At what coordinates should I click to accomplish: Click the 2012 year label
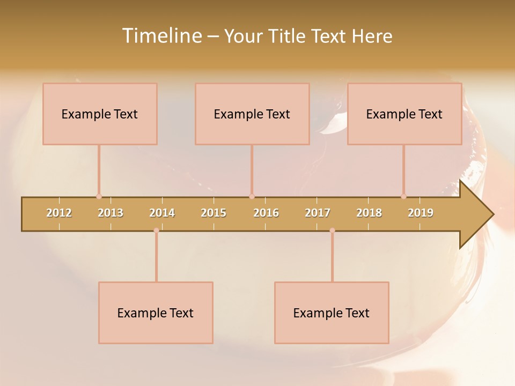pyautogui.click(x=59, y=213)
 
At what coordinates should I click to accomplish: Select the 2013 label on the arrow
pyautogui.click(x=111, y=213)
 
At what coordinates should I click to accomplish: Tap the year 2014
pyautogui.click(x=162, y=213)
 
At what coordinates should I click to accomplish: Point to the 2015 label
pyautogui.click(x=214, y=213)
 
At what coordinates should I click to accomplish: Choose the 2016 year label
pyautogui.click(x=266, y=213)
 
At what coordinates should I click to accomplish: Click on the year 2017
pyautogui.click(x=318, y=213)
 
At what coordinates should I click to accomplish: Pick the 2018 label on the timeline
pyautogui.click(x=369, y=213)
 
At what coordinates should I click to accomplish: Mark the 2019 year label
pyautogui.click(x=421, y=213)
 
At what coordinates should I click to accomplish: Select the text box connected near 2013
pyautogui.click(x=100, y=114)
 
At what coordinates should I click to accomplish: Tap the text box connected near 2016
pyautogui.click(x=252, y=114)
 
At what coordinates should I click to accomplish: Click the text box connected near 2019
pyautogui.click(x=404, y=114)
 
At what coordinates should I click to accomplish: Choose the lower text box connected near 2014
pyautogui.click(x=156, y=313)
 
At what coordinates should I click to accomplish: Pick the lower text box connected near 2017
pyautogui.click(x=332, y=313)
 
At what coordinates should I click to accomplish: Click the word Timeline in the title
pyautogui.click(x=160, y=36)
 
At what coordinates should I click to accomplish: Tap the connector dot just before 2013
pyautogui.click(x=99, y=196)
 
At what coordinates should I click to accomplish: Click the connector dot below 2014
pyautogui.click(x=156, y=231)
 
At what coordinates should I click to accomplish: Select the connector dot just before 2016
pyautogui.click(x=252, y=196)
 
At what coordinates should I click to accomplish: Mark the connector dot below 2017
pyautogui.click(x=332, y=231)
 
